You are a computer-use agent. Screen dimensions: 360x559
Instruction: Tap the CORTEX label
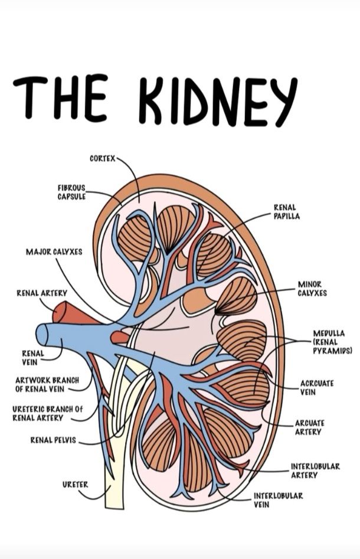[x=103, y=159]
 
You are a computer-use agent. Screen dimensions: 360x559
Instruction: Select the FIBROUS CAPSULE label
[x=71, y=192]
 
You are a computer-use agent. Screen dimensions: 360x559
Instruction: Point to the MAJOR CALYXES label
[x=54, y=252]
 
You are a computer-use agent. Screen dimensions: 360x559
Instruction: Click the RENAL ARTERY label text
[x=42, y=293]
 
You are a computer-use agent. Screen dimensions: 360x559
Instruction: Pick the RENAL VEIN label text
[x=33, y=358]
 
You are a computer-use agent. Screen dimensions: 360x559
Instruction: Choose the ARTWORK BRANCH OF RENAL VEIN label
[x=47, y=385]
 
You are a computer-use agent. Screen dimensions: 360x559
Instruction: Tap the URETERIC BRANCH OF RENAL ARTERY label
[x=47, y=414]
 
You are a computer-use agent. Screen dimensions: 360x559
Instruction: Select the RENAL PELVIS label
[x=53, y=440]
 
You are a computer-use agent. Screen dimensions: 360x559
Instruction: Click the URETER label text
[x=75, y=485]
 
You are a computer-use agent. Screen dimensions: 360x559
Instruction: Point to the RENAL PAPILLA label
[x=287, y=212]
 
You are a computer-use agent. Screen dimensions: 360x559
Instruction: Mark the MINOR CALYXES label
[x=312, y=289]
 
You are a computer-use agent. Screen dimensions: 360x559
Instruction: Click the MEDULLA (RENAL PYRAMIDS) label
[x=332, y=342]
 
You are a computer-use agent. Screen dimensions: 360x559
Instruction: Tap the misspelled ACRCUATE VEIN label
[x=317, y=388]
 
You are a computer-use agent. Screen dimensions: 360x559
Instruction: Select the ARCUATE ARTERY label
[x=310, y=427]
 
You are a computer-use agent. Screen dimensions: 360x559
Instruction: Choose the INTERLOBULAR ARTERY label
[x=316, y=470]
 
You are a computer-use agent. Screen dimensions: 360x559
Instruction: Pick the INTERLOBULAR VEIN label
[x=279, y=500]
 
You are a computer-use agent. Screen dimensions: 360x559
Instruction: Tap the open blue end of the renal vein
[x=42, y=335]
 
